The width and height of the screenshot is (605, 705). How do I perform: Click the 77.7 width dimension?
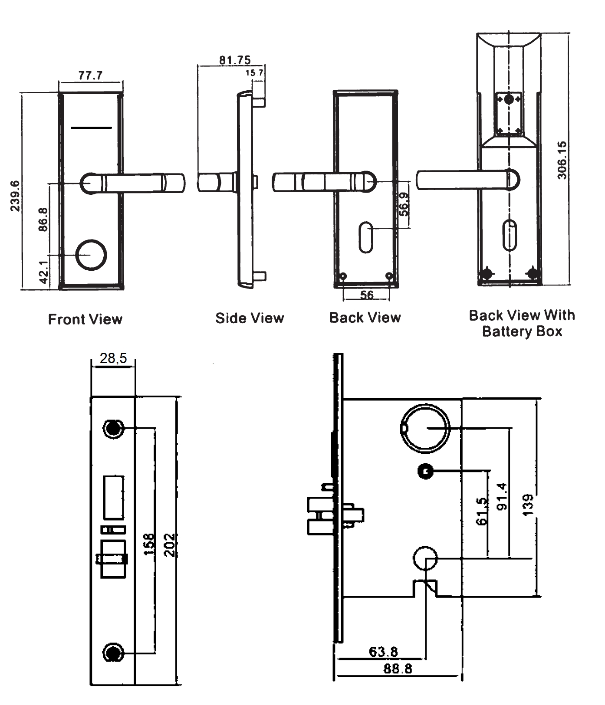click(90, 75)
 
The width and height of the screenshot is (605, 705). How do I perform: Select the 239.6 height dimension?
click(15, 196)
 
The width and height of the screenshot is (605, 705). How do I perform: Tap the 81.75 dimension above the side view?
click(235, 60)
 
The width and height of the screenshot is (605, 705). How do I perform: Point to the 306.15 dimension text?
click(562, 160)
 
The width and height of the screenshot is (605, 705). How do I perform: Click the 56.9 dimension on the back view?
click(404, 204)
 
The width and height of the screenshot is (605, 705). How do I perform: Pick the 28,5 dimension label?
click(113, 358)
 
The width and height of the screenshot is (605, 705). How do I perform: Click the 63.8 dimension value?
click(383, 651)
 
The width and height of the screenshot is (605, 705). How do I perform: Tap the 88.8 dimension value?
click(398, 668)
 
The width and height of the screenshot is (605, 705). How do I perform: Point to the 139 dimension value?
click(528, 505)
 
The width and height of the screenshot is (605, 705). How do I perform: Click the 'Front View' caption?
click(85, 319)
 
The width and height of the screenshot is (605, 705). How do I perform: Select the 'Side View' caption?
click(250, 318)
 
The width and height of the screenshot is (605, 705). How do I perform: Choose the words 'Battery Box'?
click(522, 331)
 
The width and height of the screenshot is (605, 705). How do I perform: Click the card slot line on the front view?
click(91, 128)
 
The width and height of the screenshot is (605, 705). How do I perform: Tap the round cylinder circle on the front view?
click(91, 255)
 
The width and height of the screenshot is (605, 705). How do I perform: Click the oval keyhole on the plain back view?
click(366, 237)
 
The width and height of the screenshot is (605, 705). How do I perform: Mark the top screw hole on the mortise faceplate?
click(113, 428)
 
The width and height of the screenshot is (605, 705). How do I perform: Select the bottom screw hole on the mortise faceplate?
click(113, 652)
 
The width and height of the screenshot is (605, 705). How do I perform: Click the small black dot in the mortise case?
click(425, 471)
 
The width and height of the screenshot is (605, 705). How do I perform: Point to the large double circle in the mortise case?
click(425, 428)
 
